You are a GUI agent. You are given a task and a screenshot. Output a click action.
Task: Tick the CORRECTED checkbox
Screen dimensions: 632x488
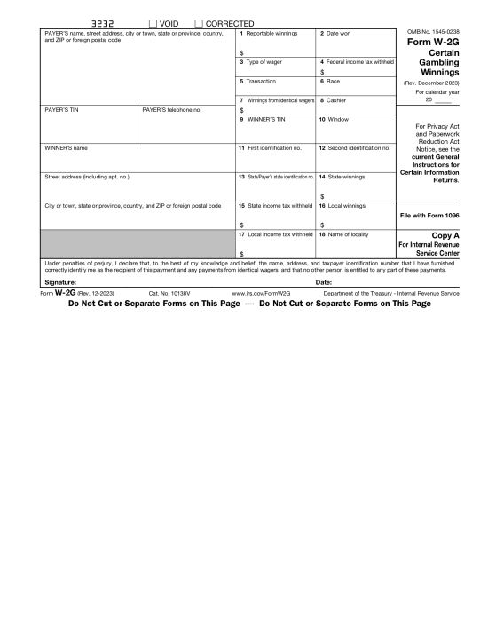point(198,23)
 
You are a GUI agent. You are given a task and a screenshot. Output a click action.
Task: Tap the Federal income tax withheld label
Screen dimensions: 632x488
point(355,61)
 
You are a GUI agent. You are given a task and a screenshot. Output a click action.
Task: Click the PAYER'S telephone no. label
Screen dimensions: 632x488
point(172,110)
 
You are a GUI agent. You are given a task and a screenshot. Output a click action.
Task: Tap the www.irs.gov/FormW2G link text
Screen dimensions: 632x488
point(262,293)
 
